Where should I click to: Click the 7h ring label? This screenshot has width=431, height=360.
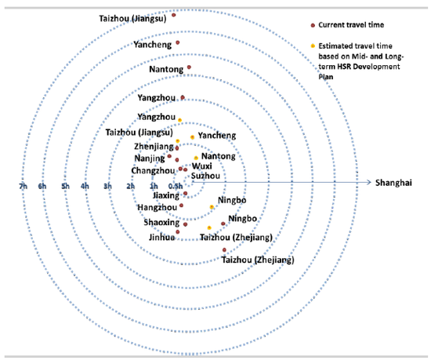coord(23,187)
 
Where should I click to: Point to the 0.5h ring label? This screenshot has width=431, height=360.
coord(176,187)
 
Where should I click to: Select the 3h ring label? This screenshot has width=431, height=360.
coord(108,187)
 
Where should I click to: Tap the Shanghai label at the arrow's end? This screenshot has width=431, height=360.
coord(393,183)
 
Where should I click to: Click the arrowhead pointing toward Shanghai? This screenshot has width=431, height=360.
coord(369,182)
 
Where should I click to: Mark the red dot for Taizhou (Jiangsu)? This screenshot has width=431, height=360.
coord(173,15)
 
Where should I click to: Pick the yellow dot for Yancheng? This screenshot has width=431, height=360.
coord(193,137)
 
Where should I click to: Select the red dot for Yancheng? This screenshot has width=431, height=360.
coord(178,42)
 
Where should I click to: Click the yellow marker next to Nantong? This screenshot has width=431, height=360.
coord(196,158)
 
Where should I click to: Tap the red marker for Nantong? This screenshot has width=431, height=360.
coord(189,67)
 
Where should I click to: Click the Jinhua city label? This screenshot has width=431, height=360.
coord(161,237)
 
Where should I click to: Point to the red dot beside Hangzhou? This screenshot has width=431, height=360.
coord(181,205)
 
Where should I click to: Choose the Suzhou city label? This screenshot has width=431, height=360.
coord(205,176)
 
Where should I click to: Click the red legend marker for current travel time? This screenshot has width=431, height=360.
coord(313,25)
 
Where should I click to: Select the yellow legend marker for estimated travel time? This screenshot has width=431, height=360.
coord(313,46)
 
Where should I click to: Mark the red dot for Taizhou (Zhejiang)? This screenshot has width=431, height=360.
coord(224,249)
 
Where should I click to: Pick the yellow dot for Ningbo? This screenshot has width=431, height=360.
coord(212,207)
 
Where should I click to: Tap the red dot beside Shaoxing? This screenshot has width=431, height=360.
coord(185,224)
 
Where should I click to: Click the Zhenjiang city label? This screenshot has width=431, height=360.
coord(154,147)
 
